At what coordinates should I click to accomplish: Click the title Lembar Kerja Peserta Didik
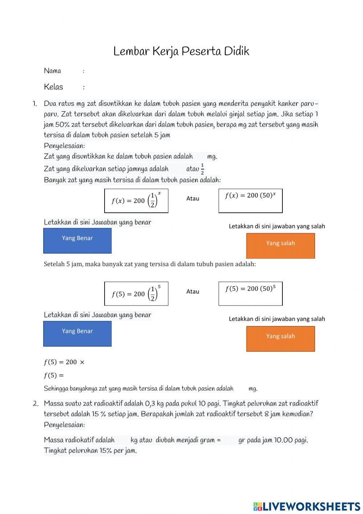[x=181, y=51]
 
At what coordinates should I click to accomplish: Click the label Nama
[x=52, y=71]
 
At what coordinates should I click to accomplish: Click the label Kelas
[x=53, y=87]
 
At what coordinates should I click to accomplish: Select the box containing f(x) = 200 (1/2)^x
[x=136, y=200]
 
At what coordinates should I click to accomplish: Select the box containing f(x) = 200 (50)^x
[x=250, y=200]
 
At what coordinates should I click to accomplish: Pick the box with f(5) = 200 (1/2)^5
[x=136, y=294]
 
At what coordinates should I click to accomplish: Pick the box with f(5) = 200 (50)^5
[x=250, y=293]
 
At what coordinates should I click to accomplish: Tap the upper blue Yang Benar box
[x=77, y=240]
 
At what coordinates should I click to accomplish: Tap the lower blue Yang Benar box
[x=77, y=334]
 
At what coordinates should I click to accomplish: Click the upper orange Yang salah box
[x=280, y=246]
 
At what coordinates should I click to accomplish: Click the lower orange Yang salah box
[x=280, y=339]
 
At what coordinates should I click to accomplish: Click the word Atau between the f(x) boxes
[x=193, y=199]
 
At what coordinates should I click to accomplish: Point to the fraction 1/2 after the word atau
[x=202, y=169]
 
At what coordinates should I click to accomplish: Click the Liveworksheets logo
[x=307, y=506]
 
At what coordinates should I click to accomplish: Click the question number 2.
[x=35, y=403]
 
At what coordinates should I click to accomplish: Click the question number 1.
[x=35, y=104]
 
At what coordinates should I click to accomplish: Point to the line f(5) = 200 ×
[x=64, y=362]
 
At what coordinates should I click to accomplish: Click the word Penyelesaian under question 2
[x=64, y=425]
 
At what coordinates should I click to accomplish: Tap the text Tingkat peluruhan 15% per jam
[x=90, y=451]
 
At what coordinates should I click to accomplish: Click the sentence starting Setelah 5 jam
[x=150, y=264]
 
